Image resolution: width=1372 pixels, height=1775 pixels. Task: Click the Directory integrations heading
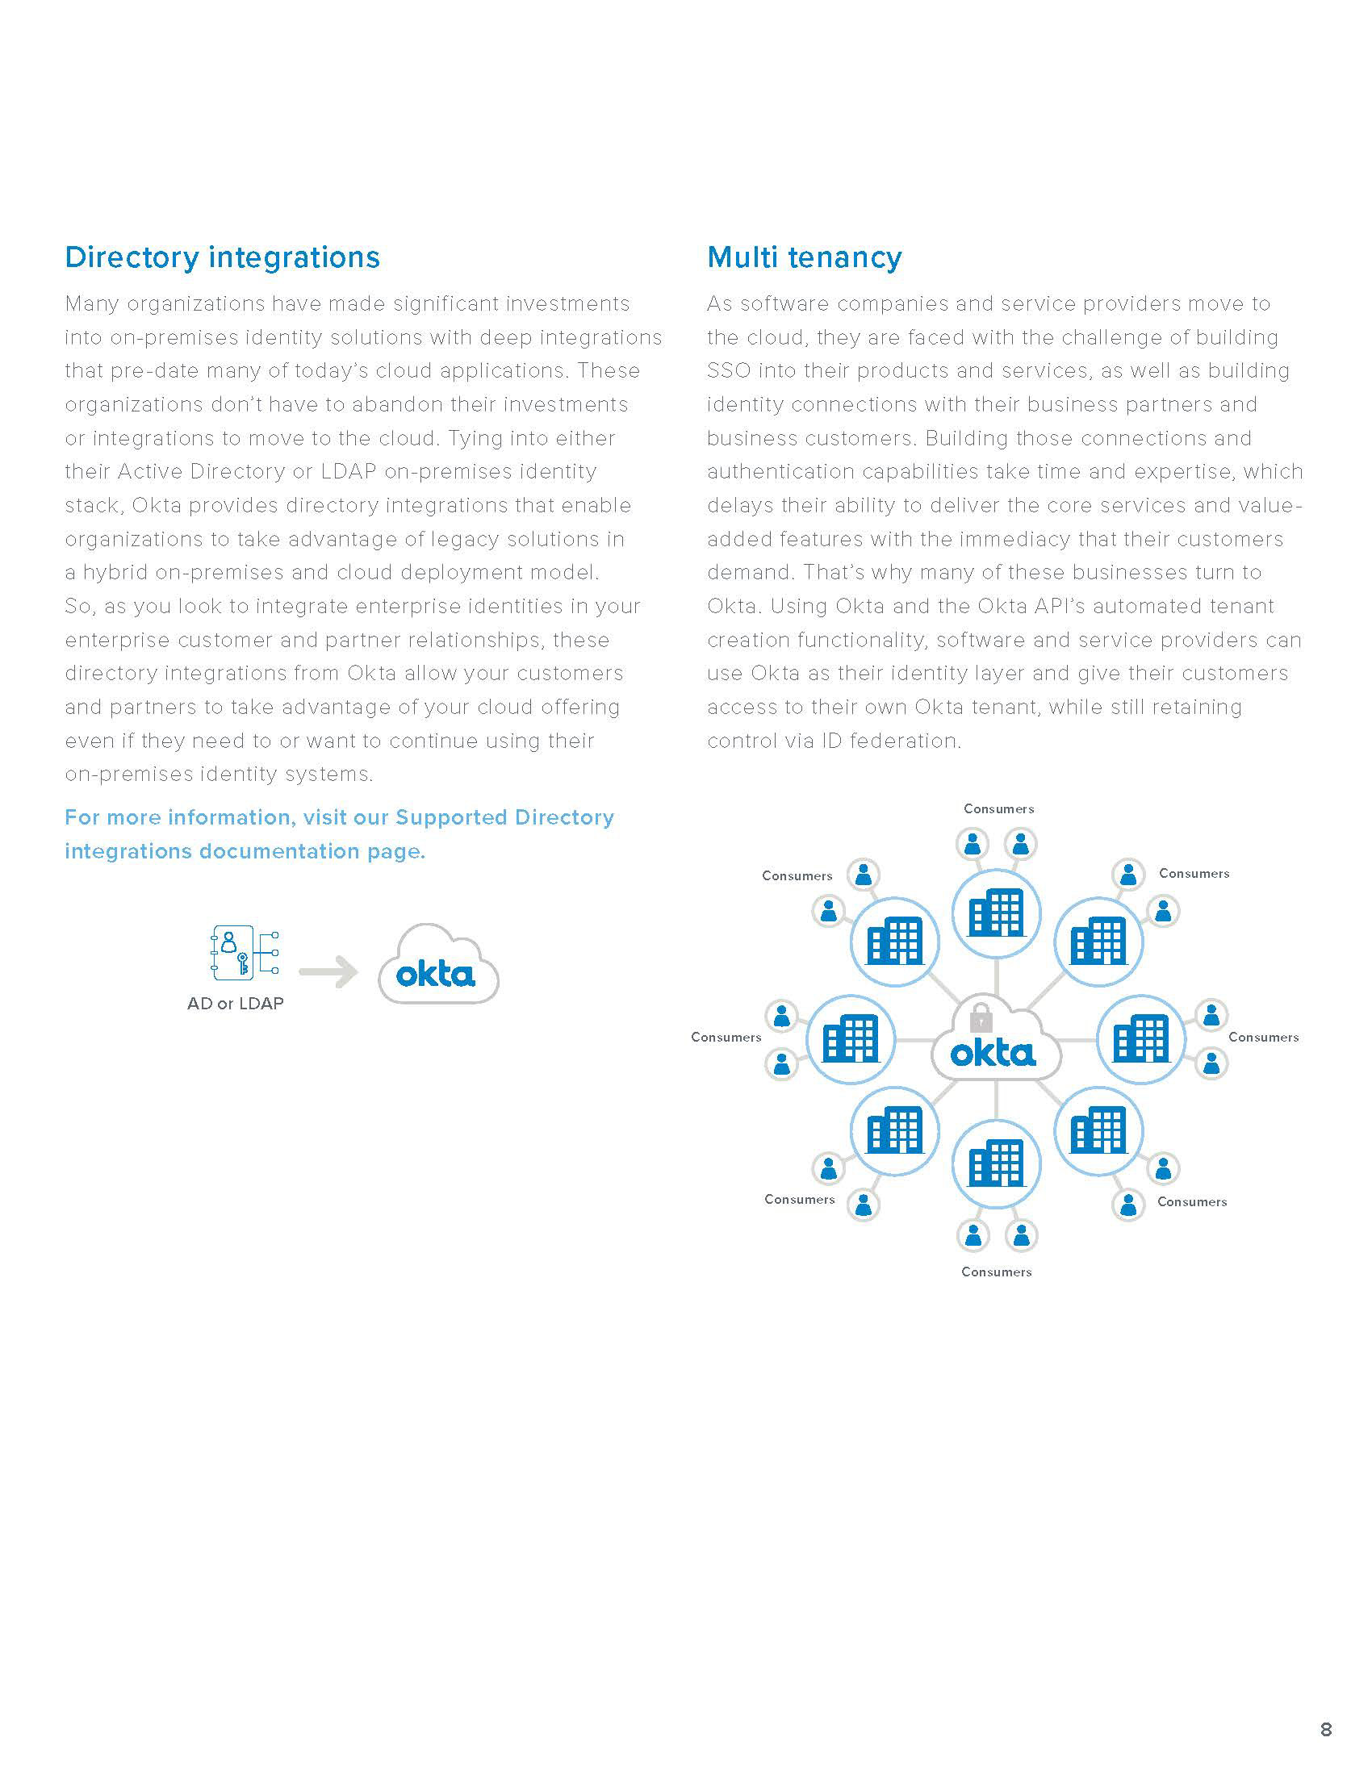click(222, 257)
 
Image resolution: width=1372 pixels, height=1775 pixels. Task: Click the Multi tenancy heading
click(804, 257)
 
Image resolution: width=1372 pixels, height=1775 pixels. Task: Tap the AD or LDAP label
click(235, 1004)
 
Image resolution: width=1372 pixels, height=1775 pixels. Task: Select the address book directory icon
click(233, 952)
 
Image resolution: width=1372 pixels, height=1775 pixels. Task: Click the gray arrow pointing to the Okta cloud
click(328, 972)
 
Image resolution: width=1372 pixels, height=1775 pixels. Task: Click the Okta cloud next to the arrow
click(438, 967)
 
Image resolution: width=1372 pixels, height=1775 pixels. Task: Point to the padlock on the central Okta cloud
click(981, 1017)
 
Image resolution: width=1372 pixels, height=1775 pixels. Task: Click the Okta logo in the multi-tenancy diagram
click(993, 1055)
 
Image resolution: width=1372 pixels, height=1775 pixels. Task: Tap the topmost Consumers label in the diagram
click(998, 808)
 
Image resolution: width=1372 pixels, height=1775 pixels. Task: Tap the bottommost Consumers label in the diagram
click(996, 1272)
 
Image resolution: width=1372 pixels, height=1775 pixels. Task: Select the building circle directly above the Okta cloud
click(996, 913)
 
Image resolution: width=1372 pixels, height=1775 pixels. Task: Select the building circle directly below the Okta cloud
click(996, 1163)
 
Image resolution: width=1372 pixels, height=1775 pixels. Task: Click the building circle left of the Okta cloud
click(850, 1039)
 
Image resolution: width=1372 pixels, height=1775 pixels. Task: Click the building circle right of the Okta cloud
click(1140, 1039)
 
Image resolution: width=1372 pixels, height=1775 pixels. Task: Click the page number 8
click(1326, 1730)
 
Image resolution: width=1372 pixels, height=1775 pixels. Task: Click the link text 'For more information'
click(179, 817)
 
